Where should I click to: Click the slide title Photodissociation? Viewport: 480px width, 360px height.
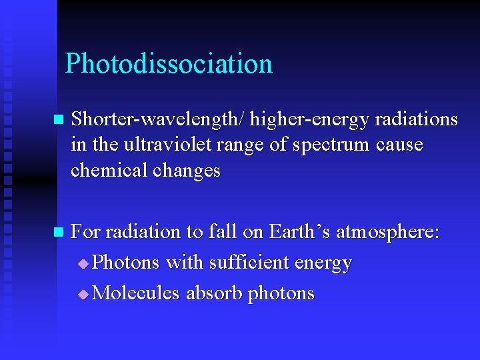(x=169, y=64)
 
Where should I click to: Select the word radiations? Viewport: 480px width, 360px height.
(x=416, y=119)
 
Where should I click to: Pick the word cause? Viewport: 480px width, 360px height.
(x=399, y=145)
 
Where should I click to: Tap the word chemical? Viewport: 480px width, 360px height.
(x=109, y=170)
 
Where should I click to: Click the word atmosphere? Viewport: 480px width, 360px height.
(x=388, y=233)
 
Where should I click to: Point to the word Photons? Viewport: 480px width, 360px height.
(x=126, y=263)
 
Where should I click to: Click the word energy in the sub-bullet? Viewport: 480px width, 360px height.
(x=327, y=264)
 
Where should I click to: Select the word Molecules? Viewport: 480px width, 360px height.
(x=136, y=293)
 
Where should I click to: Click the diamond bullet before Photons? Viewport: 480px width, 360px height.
(x=83, y=264)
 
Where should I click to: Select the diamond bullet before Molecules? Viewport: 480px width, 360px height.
(x=83, y=294)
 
